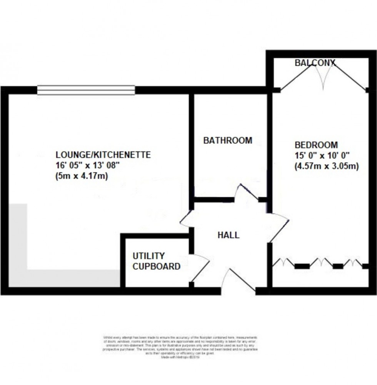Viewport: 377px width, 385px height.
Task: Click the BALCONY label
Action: click(315, 62)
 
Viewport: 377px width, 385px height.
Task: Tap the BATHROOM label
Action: click(228, 140)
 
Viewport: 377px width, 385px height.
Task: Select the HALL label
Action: click(229, 235)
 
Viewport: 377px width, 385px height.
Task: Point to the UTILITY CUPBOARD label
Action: click(156, 261)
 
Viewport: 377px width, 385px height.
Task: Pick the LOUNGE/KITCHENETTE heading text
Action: click(103, 155)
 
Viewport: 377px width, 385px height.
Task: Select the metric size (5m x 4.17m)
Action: click(82, 177)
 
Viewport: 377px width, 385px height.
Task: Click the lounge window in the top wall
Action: click(86, 90)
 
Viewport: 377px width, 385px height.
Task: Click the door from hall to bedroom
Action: click(279, 227)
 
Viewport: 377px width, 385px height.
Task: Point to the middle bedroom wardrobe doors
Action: click(322, 263)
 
